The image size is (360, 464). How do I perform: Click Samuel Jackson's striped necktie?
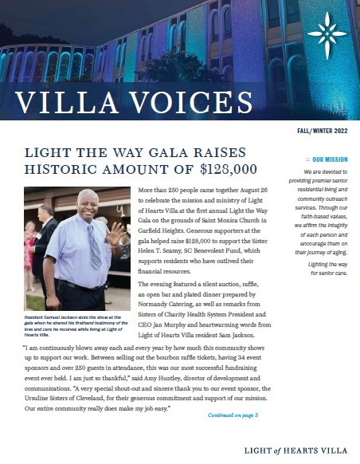coord(94,243)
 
